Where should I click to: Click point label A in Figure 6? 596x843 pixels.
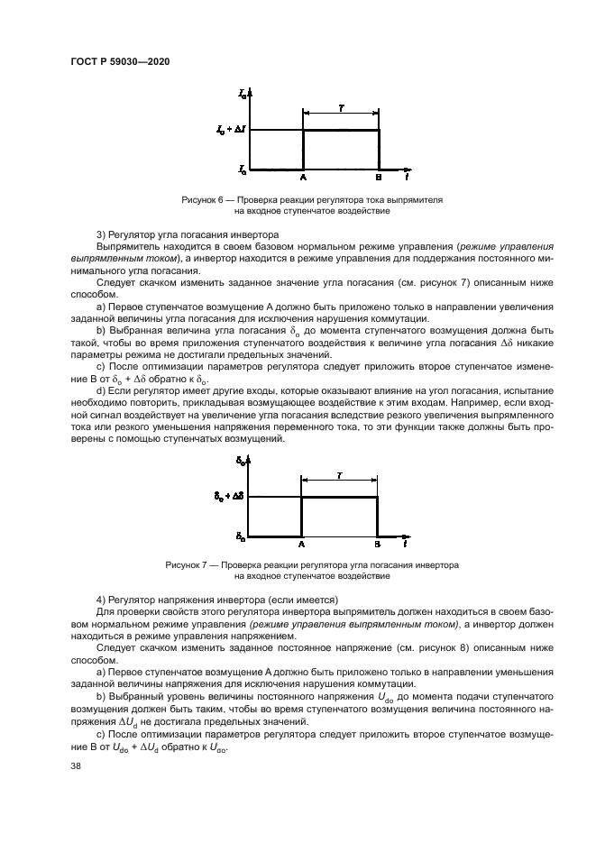point(303,178)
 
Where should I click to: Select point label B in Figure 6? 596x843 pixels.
point(378,178)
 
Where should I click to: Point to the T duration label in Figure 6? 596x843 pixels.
point(340,106)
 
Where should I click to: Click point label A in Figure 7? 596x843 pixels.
point(301,545)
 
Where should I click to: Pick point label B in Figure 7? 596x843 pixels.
point(377,545)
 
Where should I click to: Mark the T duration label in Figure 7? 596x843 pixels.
point(338,473)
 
